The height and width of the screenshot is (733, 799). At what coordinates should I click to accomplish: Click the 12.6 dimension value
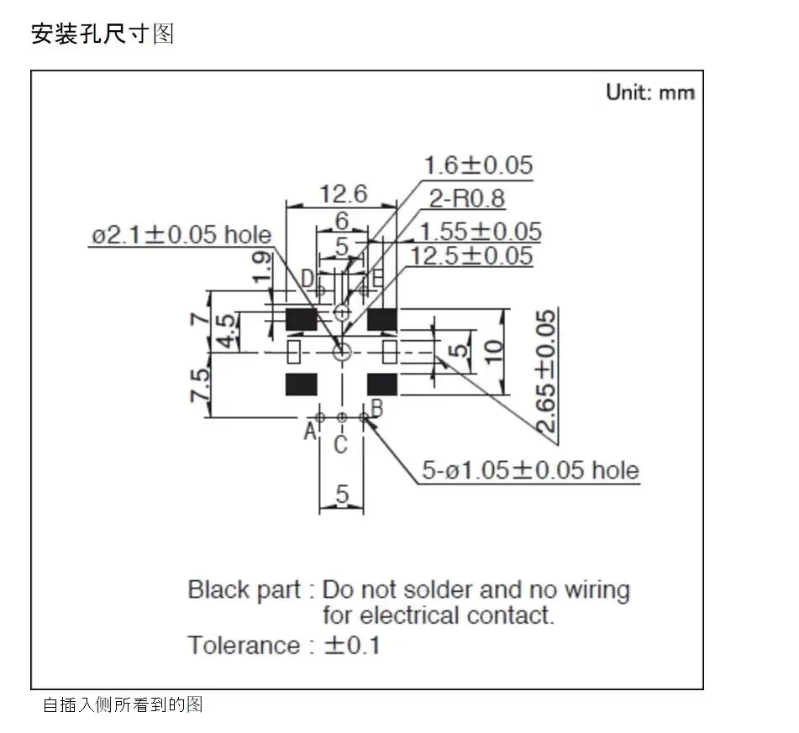344,195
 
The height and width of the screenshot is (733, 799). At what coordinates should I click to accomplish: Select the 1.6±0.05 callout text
478,165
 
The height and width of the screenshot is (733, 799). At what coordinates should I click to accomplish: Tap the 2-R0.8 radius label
467,198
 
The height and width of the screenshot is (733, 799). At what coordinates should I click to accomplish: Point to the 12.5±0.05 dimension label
471,255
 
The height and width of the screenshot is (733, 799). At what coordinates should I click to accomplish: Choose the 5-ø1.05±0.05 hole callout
530,470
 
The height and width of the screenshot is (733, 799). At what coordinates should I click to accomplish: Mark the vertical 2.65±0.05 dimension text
546,371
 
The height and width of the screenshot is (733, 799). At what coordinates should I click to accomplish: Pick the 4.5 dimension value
225,332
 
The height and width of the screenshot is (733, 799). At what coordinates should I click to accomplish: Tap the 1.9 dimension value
261,268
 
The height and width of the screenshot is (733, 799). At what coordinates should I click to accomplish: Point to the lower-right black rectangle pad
382,384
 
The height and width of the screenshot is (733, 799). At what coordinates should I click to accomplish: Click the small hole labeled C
341,417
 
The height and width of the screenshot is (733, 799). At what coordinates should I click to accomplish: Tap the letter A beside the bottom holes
309,432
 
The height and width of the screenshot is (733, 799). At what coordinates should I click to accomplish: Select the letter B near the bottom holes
376,409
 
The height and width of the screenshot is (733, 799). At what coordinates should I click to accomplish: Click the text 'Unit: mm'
650,92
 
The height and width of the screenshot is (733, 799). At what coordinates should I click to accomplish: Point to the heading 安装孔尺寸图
103,34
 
